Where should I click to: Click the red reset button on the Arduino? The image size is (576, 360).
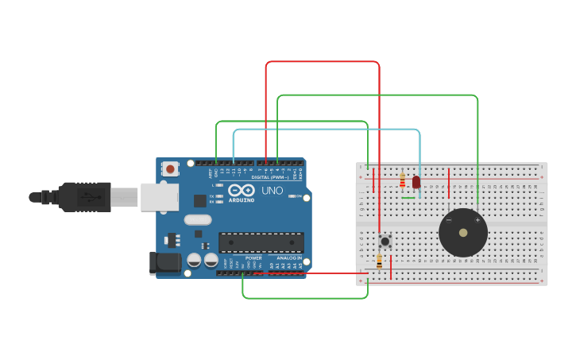click(169, 168)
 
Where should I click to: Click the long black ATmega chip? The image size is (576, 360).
click(261, 242)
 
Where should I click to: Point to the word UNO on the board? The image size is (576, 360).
click(273, 191)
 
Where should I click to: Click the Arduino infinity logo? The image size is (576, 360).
click(242, 191)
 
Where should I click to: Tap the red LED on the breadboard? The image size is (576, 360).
click(416, 182)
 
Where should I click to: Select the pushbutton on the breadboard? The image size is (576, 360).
click(385, 240)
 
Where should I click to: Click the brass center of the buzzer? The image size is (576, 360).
click(463, 232)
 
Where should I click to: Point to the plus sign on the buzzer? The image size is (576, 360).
click(477, 220)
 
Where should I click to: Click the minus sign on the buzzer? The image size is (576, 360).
click(449, 220)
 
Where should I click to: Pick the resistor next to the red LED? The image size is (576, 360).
click(403, 179)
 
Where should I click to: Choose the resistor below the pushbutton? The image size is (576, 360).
click(379, 261)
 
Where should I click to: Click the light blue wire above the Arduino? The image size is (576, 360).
click(326, 130)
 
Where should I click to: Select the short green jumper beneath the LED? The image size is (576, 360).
click(408, 198)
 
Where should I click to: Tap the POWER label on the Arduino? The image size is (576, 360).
click(253, 258)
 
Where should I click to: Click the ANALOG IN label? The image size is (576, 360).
click(288, 258)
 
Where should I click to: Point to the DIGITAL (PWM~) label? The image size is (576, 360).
click(270, 176)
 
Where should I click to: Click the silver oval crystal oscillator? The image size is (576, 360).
click(197, 219)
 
